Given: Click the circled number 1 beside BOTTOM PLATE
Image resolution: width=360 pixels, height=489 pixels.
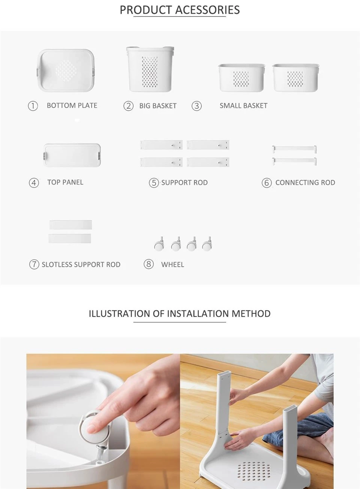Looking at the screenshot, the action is pos(33,106).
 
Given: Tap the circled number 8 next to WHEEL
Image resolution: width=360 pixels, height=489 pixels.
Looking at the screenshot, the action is pos(148,264).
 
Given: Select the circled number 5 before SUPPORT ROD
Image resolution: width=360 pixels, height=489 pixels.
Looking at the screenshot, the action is pos(154,183).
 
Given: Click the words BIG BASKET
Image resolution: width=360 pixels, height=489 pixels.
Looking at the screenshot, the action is pos(158,106).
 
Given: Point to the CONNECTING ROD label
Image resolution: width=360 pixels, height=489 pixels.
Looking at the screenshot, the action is pos(305,183).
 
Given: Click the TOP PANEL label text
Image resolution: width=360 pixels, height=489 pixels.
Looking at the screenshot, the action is pos(65,182).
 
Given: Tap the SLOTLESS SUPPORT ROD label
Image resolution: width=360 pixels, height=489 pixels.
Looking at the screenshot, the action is pos(81,265).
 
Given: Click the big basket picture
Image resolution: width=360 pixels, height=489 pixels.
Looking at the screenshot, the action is pos(150,69).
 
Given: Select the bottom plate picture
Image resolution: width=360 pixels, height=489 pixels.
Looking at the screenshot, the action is pos(66,70).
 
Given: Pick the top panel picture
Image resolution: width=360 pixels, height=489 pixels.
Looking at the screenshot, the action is pos(72,155).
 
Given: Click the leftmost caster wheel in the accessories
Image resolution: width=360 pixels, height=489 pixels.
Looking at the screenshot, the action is pos(159,244).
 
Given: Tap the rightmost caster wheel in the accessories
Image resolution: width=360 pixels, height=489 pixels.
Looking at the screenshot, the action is pos(207,244).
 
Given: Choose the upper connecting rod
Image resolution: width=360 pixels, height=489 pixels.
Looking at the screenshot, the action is pos(294,149).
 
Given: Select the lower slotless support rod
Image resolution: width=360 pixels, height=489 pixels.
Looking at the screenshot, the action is pos(70,238).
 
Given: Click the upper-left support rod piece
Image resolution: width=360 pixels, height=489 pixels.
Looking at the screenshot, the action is pos(161,145).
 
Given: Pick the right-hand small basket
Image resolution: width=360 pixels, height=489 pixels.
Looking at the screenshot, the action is pos(295,78).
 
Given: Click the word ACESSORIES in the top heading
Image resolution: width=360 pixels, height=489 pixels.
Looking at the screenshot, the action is pos(207,10).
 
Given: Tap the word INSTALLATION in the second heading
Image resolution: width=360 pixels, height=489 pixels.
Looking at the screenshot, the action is pos(198,314).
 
